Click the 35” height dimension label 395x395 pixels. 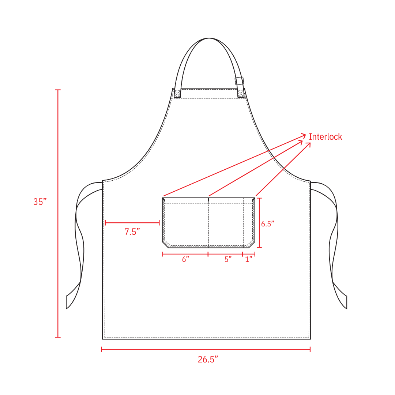pyautogui.click(x=40, y=202)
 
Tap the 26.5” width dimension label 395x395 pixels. pyautogui.click(x=208, y=360)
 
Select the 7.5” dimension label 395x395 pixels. pyautogui.click(x=132, y=232)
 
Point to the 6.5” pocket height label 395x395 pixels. pyautogui.click(x=268, y=224)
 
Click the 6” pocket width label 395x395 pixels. pyautogui.click(x=185, y=259)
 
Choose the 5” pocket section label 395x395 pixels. pyautogui.click(x=228, y=259)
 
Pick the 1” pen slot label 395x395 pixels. pyautogui.click(x=249, y=259)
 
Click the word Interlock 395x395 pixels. pyautogui.click(x=326, y=137)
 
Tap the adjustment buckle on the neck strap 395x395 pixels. pyautogui.click(x=239, y=81)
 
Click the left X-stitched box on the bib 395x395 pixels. pyautogui.click(x=178, y=93)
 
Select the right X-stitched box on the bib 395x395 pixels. pyautogui.click(x=241, y=93)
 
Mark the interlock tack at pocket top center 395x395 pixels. pyautogui.click(x=208, y=200)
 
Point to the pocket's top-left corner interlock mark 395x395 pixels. pyautogui.click(x=164, y=200)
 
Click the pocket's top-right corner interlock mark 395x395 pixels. pyautogui.click(x=253, y=200)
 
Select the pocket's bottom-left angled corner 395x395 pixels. pyautogui.click(x=165, y=245)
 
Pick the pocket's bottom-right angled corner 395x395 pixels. pyautogui.click(x=252, y=245)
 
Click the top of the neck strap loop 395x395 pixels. pyautogui.click(x=209, y=38)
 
